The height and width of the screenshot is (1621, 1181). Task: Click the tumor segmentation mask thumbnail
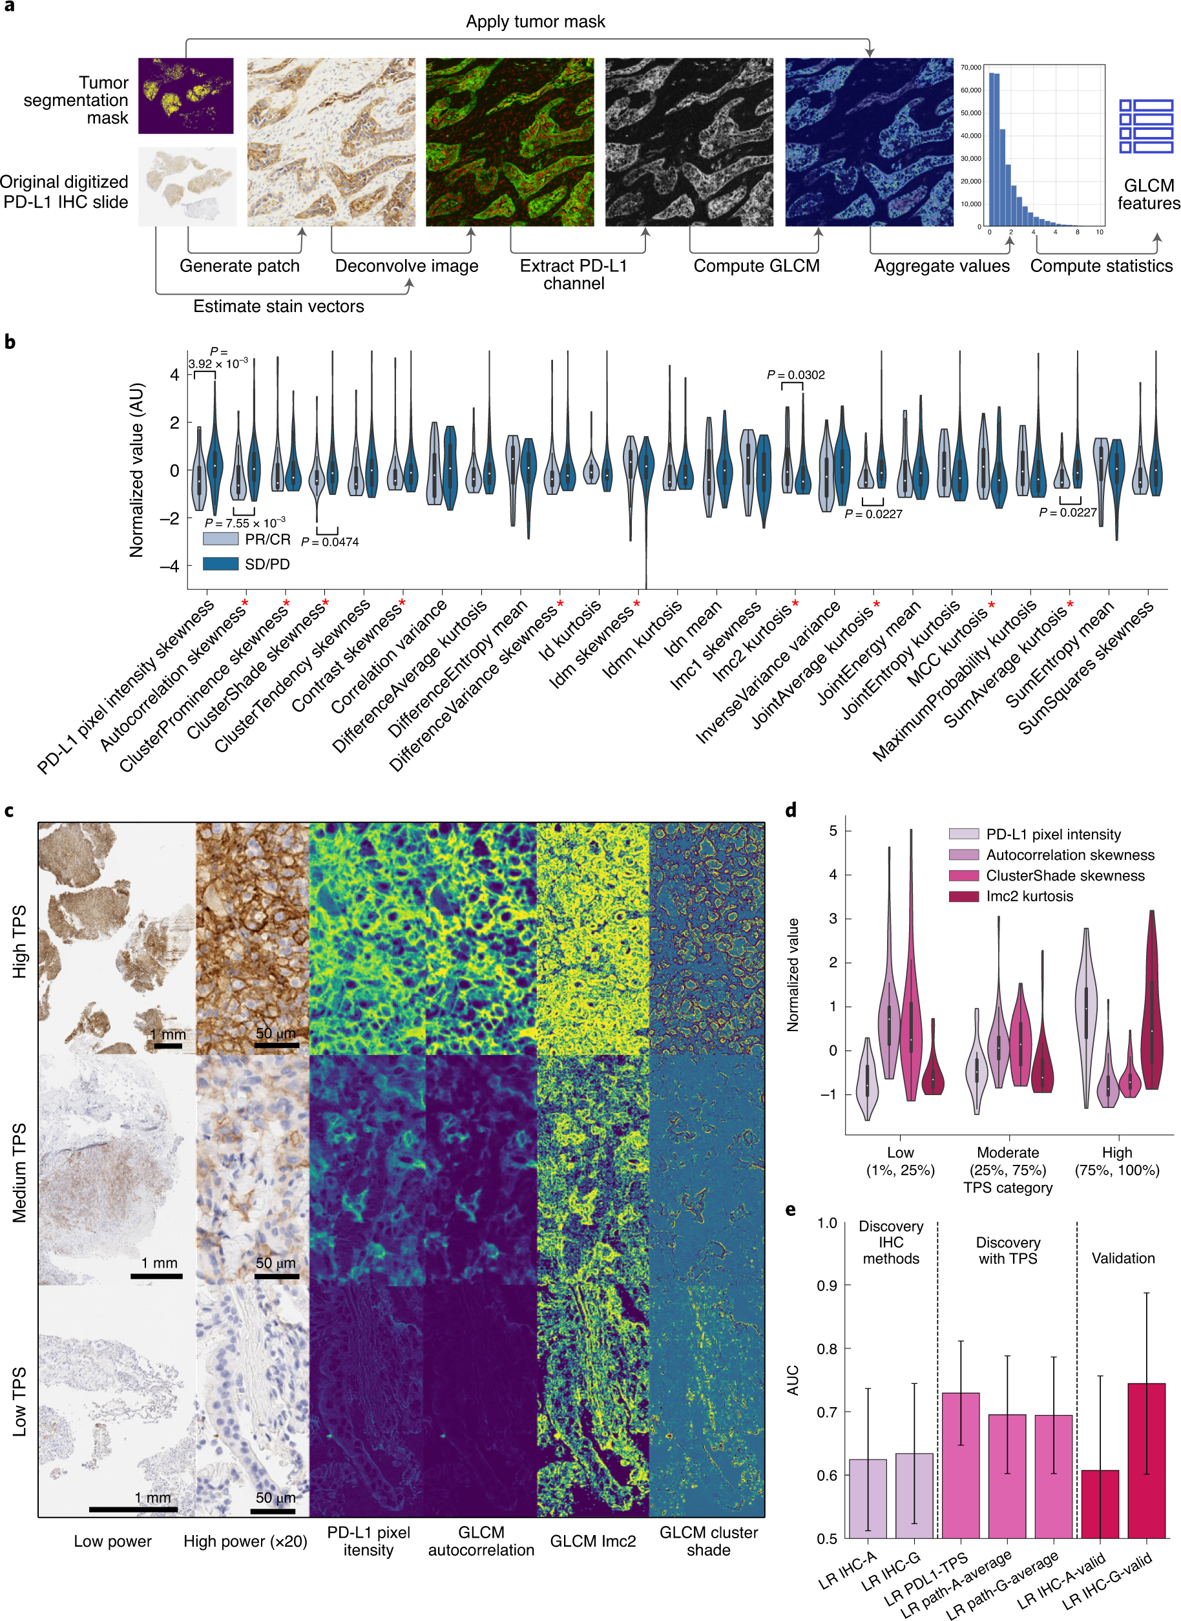(186, 95)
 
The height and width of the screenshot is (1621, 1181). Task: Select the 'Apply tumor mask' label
(535, 21)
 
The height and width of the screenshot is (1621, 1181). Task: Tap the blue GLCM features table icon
(1145, 126)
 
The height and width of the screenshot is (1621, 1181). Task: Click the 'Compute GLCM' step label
(757, 266)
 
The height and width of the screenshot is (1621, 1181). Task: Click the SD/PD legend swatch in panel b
(220, 564)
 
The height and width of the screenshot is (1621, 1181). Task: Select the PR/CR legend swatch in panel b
(220, 539)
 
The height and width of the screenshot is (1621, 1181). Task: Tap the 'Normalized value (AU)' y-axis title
(136, 470)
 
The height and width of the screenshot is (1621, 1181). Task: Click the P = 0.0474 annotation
(329, 542)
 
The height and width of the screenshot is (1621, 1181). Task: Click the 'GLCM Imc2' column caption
(592, 1540)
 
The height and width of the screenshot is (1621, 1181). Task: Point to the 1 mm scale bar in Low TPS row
(134, 1509)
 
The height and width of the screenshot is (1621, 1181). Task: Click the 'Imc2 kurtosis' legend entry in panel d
(1029, 896)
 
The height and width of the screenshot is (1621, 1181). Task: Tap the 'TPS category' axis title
(1007, 1187)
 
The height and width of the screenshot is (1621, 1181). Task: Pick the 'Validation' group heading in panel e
(1122, 1258)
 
